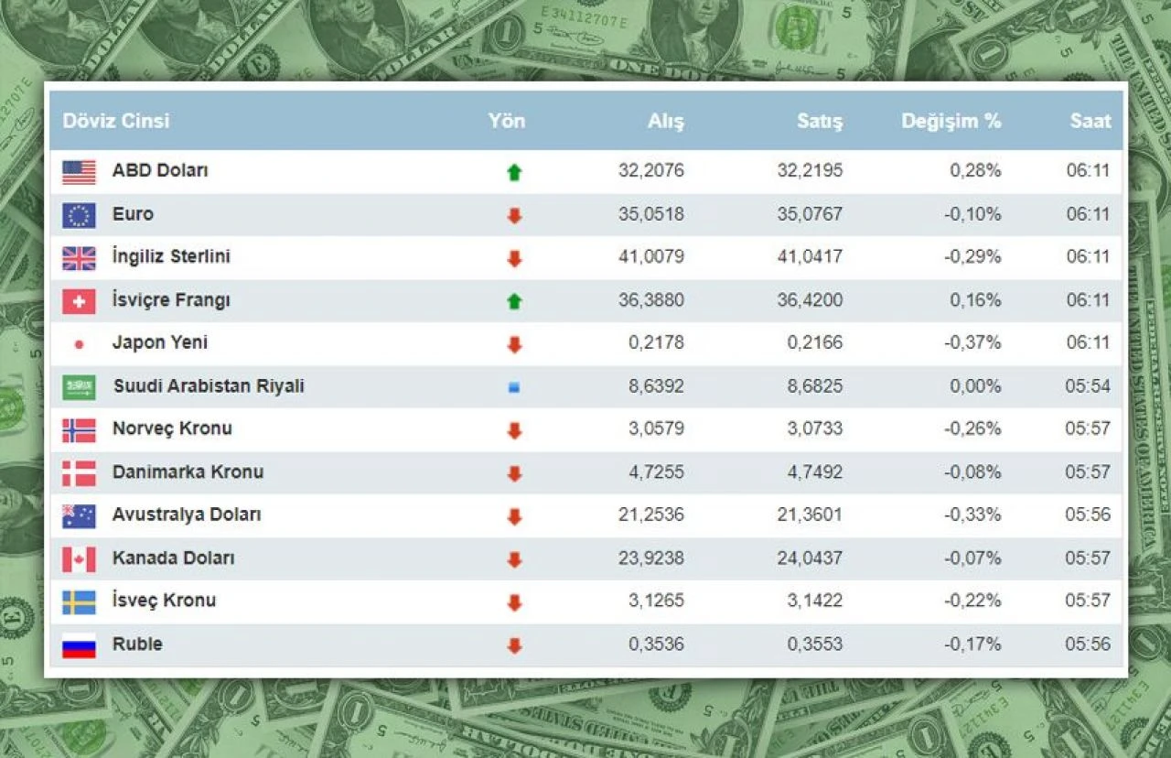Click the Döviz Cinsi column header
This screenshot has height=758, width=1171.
(x=116, y=121)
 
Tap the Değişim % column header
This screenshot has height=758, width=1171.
(x=951, y=121)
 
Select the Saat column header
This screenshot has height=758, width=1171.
(x=1090, y=121)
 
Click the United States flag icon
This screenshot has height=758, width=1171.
(x=79, y=172)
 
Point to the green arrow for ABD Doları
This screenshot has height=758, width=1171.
(x=514, y=172)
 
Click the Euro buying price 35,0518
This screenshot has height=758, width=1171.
(x=650, y=214)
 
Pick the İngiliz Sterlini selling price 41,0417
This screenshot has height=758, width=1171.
(x=810, y=257)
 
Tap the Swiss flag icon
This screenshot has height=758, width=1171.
(x=79, y=301)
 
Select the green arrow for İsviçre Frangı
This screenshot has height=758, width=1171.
(x=514, y=301)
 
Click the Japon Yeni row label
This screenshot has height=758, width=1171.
(x=160, y=342)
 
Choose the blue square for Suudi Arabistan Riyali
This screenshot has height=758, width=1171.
(x=514, y=387)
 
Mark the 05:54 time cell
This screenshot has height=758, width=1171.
(x=1088, y=385)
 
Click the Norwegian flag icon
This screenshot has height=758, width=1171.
(x=79, y=430)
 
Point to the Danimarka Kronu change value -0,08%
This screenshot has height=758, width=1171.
(x=975, y=471)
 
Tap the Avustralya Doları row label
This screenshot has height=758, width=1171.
(x=187, y=514)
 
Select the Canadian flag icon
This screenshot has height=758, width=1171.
(x=79, y=559)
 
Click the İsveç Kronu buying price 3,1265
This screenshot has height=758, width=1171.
(x=656, y=601)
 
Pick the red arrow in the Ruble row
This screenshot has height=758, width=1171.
(x=514, y=645)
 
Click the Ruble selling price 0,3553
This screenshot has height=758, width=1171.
(x=815, y=644)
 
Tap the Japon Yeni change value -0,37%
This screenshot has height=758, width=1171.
(x=975, y=342)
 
